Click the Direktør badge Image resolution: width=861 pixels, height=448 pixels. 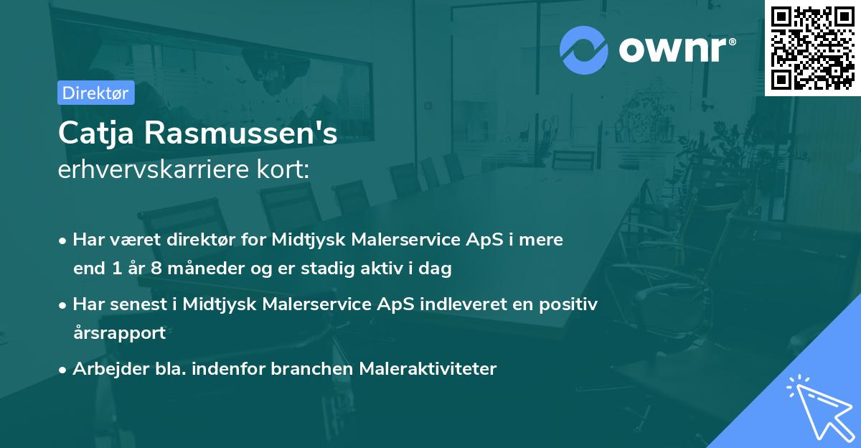pyautogui.click(x=95, y=93)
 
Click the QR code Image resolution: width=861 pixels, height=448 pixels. pyautogui.click(x=812, y=47)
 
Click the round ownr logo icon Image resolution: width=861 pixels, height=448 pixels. pyautogui.click(x=584, y=49)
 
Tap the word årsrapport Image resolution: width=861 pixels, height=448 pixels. pyautogui.click(x=119, y=332)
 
